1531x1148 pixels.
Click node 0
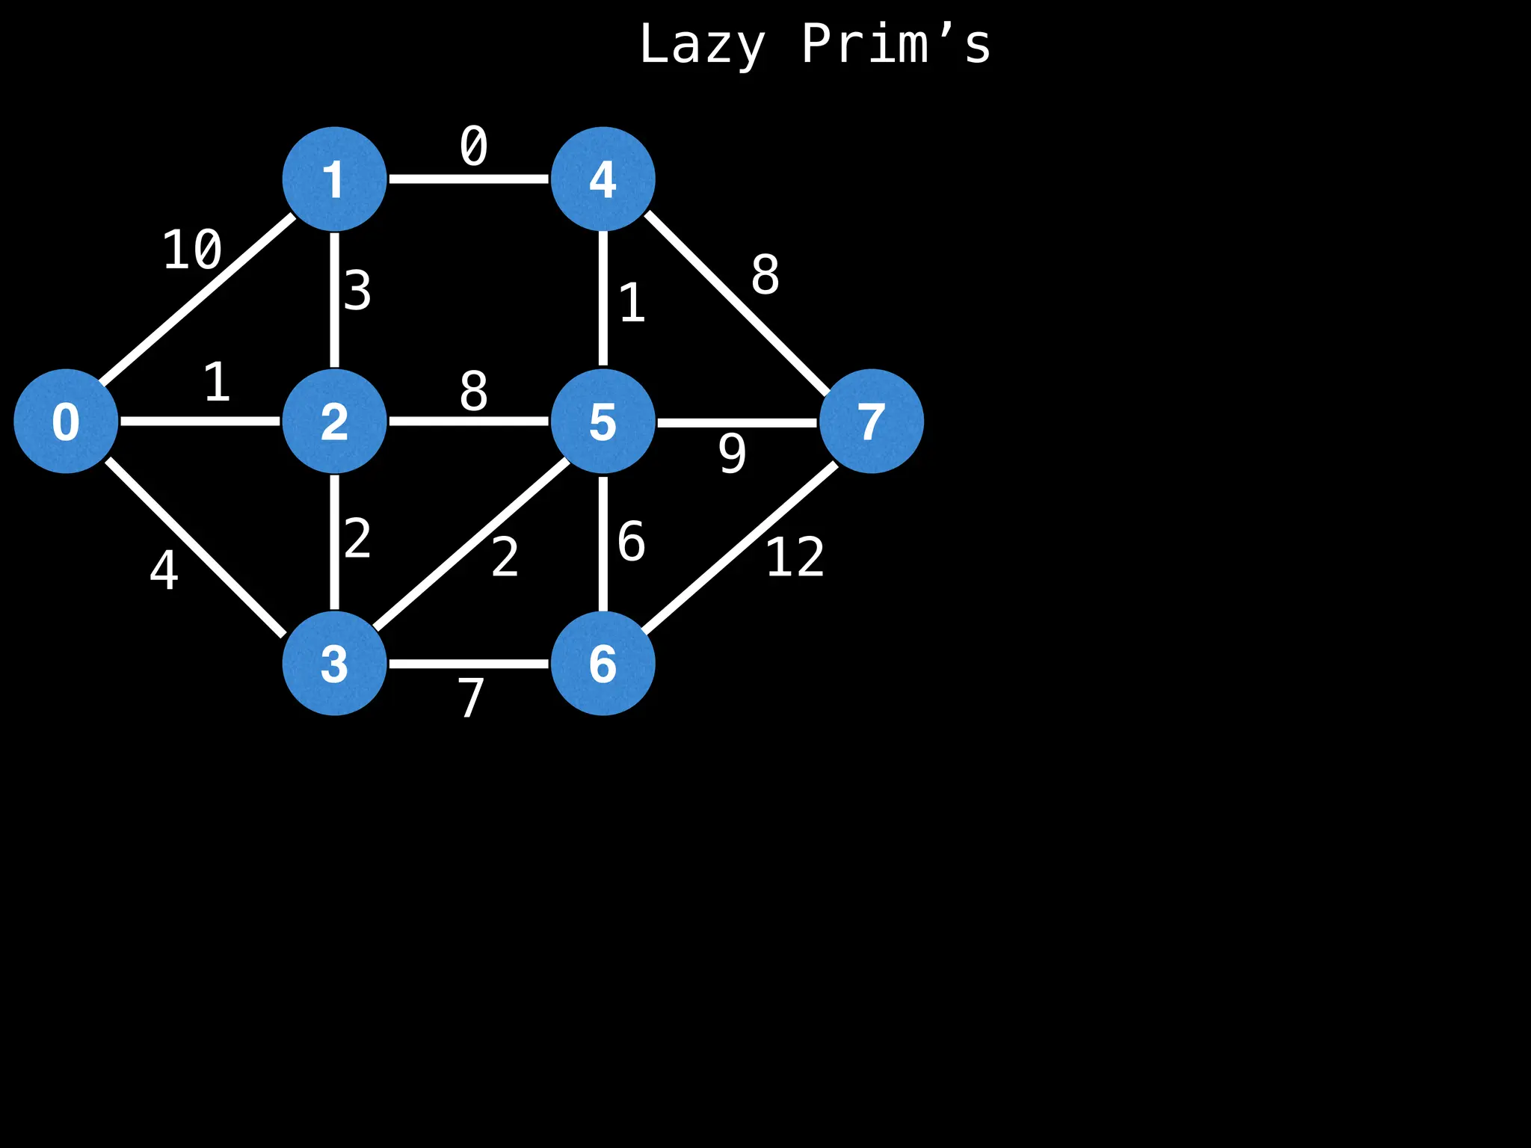click(x=66, y=421)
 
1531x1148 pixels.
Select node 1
click(x=334, y=179)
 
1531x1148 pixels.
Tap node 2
click(x=334, y=421)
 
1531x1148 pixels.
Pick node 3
click(x=334, y=663)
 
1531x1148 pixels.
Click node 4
click(x=603, y=179)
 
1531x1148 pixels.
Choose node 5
click(x=603, y=421)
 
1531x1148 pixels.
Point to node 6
click(x=603, y=663)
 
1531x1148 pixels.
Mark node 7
click(x=871, y=421)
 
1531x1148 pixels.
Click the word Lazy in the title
click(x=702, y=45)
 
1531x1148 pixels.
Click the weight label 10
click(x=192, y=250)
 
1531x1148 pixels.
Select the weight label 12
click(x=795, y=557)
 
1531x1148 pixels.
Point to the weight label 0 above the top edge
click(x=473, y=146)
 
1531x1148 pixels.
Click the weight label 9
click(x=732, y=453)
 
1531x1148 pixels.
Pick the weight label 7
click(x=471, y=697)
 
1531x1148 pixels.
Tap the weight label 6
click(x=631, y=541)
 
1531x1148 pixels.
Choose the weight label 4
click(x=164, y=570)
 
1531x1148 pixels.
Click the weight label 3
click(x=357, y=291)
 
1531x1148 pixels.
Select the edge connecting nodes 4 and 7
click(x=736, y=303)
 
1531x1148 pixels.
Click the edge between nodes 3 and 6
click(x=469, y=663)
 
